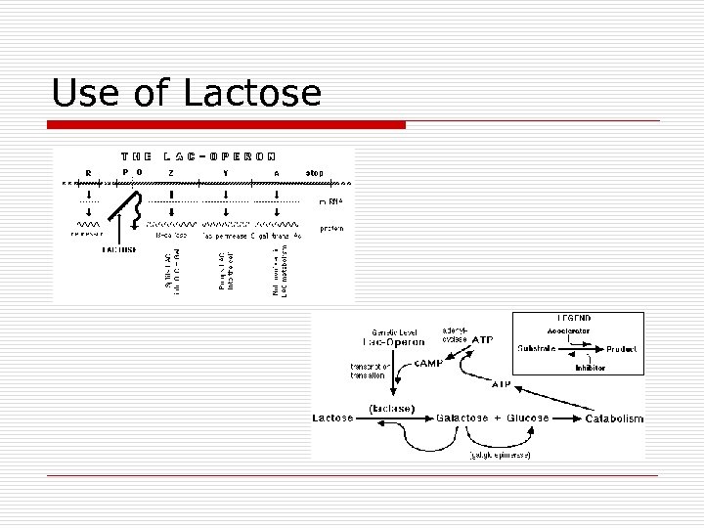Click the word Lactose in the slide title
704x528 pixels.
point(253,94)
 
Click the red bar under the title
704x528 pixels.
point(229,125)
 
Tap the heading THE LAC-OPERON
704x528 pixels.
point(198,155)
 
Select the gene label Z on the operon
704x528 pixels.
point(171,173)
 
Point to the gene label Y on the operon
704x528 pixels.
point(225,173)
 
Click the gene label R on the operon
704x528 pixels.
point(89,174)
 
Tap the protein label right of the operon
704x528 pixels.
point(331,229)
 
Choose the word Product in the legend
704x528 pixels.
point(621,349)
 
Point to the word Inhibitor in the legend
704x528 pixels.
point(590,368)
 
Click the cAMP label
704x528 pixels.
point(428,362)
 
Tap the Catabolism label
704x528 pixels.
point(614,418)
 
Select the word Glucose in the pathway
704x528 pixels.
point(526,418)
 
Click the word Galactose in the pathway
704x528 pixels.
point(465,418)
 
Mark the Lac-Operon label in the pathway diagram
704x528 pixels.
point(394,343)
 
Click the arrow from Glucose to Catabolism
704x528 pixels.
point(566,418)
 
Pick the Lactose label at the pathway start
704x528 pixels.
point(332,418)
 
